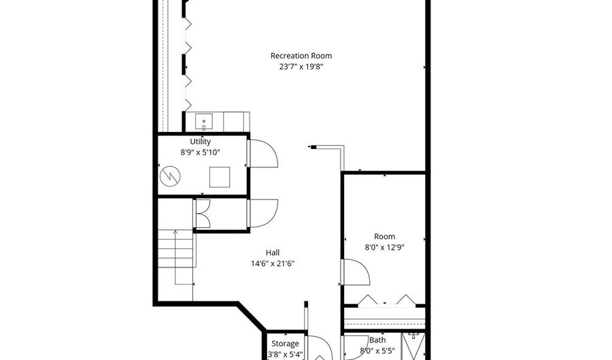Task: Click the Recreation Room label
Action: tap(301, 56)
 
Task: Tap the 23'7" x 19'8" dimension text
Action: tap(301, 67)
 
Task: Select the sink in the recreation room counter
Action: tap(203, 122)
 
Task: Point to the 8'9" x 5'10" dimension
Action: tap(200, 152)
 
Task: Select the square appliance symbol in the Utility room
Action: tap(220, 177)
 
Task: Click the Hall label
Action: tap(271, 252)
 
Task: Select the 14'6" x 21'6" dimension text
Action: tap(271, 263)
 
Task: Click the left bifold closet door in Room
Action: tap(367, 300)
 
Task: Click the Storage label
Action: tap(285, 344)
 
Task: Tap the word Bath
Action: tap(377, 340)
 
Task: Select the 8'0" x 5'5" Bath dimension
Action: tap(377, 352)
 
